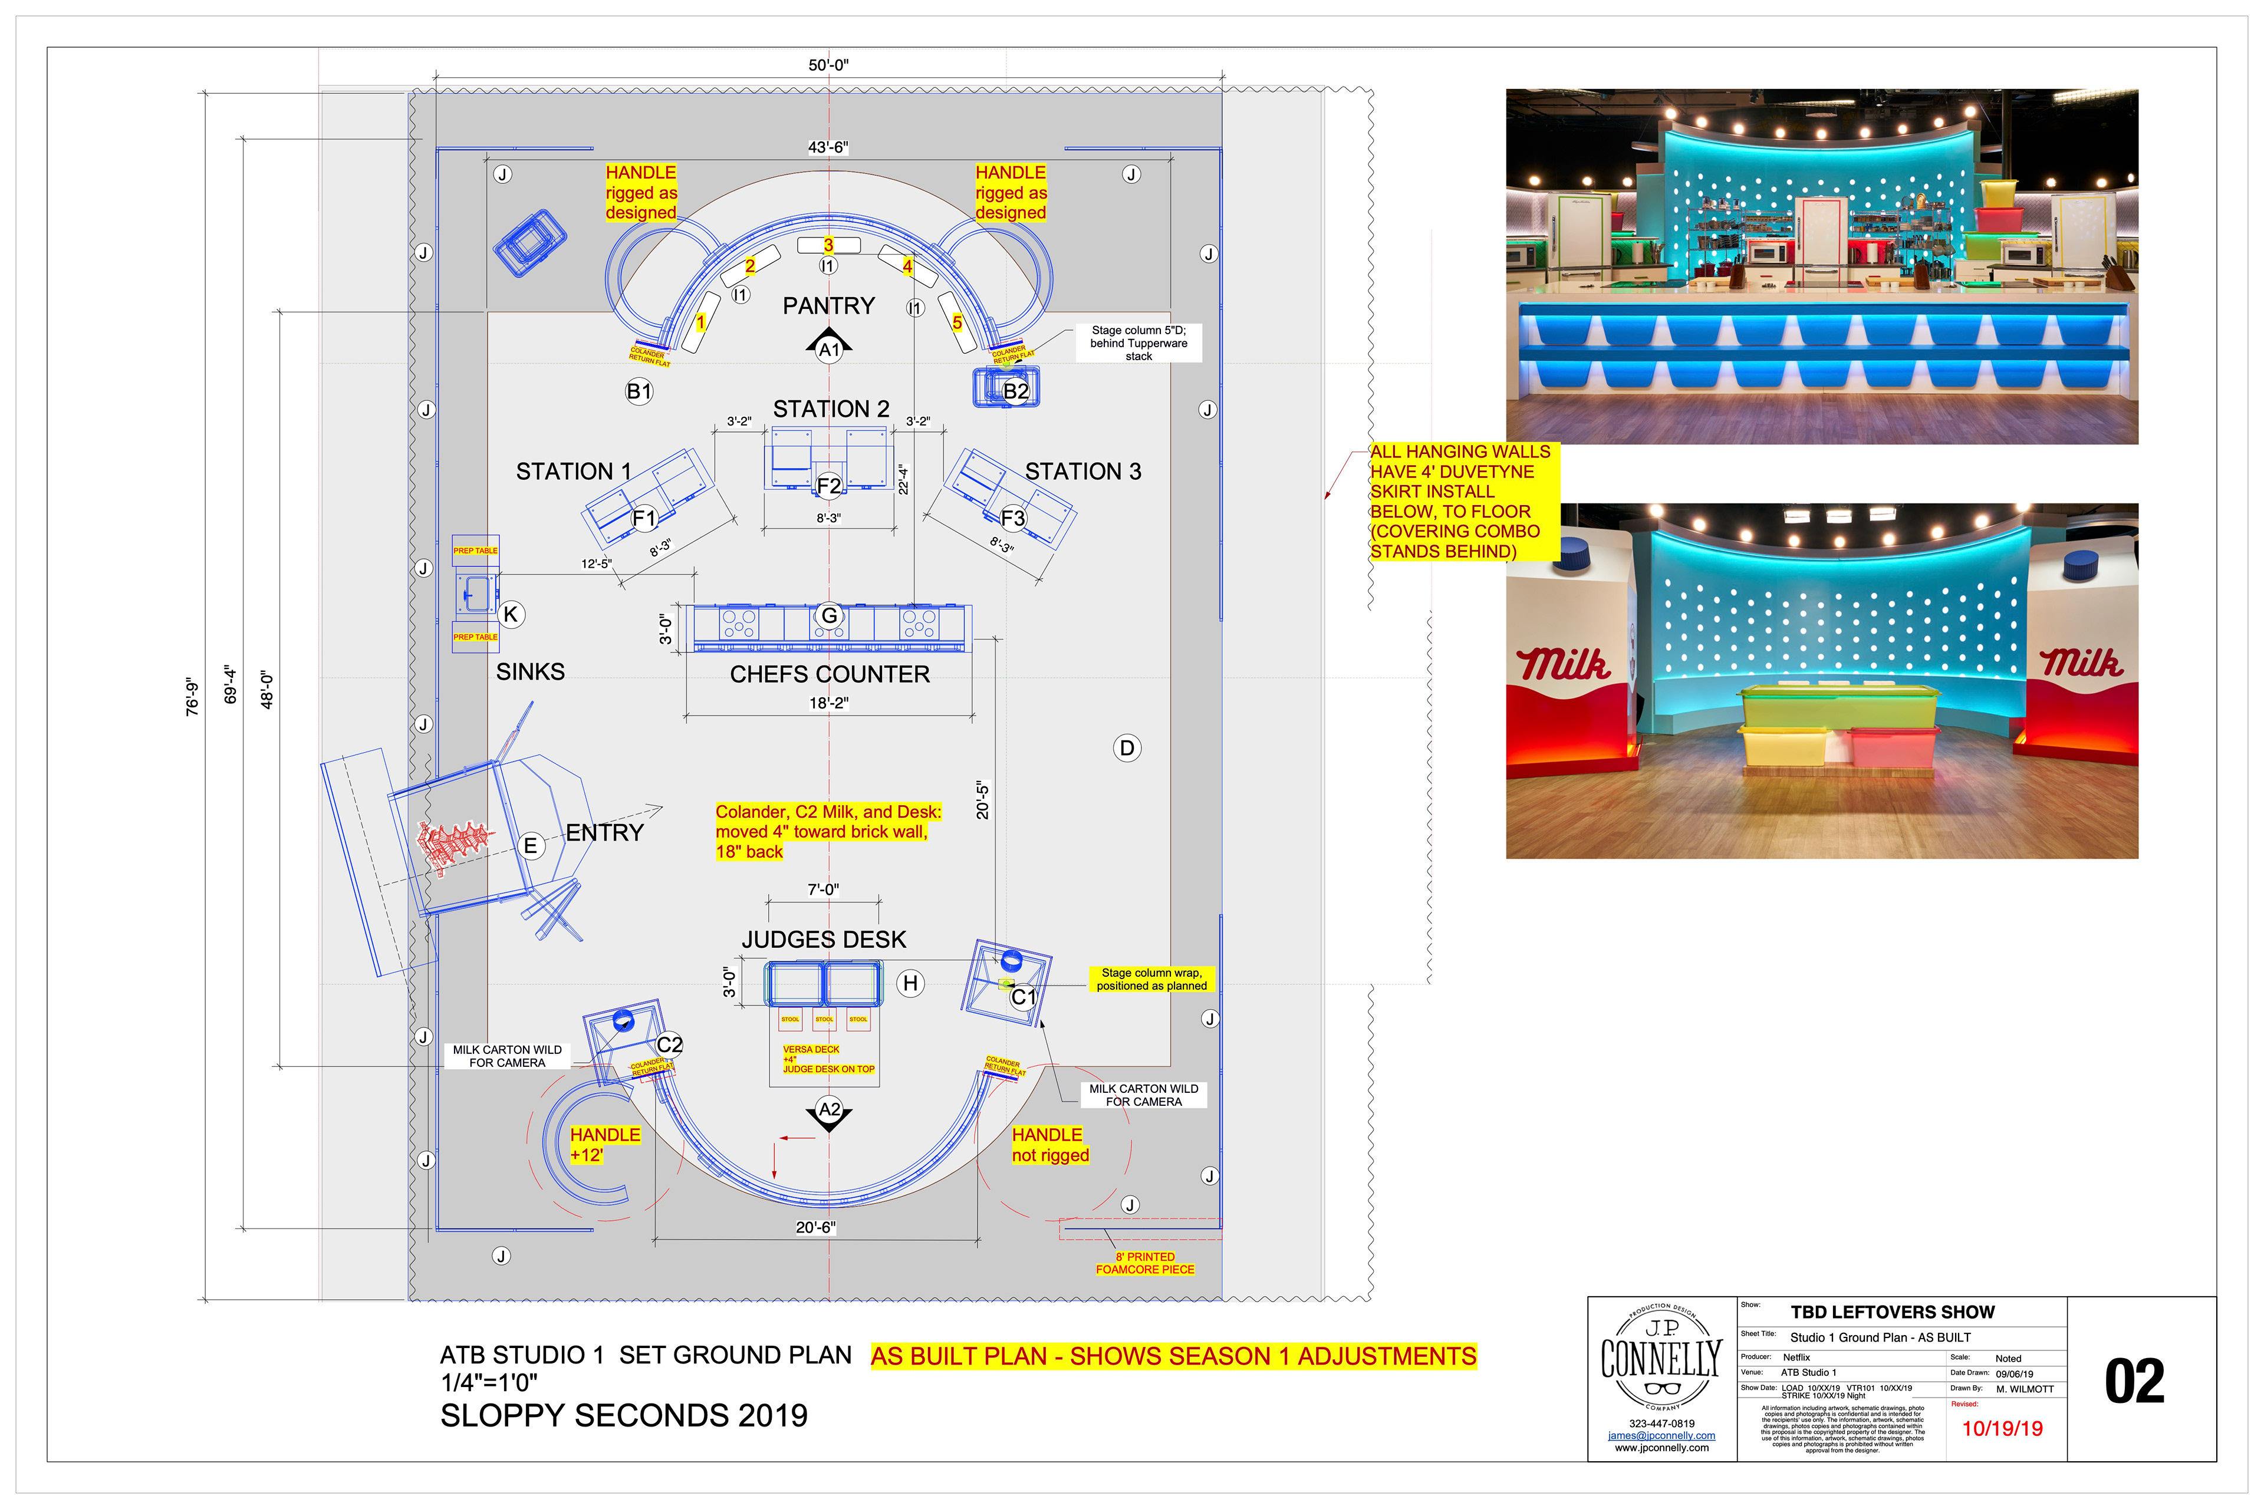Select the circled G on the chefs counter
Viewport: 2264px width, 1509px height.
click(x=829, y=615)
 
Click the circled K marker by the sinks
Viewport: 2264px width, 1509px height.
click(x=511, y=614)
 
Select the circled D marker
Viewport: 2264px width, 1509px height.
click(x=1127, y=748)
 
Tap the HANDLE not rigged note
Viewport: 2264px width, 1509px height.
click(x=1050, y=1145)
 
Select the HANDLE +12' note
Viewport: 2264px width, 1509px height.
click(x=604, y=1145)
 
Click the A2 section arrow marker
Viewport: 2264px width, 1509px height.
click(x=829, y=1112)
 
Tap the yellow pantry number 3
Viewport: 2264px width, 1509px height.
click(x=828, y=245)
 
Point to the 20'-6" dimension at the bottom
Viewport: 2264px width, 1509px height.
click(x=815, y=1228)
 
